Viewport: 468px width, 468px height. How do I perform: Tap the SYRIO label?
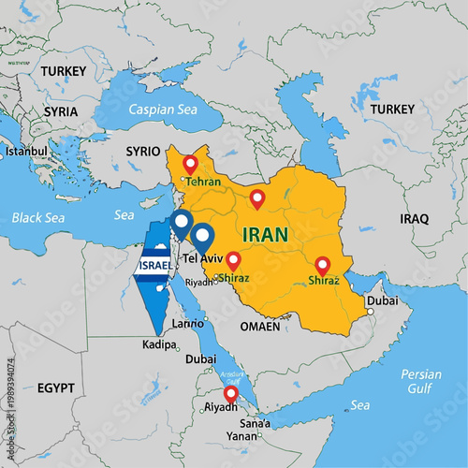coord(143,151)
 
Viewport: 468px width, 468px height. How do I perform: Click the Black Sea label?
coord(41,217)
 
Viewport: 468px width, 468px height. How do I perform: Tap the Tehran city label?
coord(204,181)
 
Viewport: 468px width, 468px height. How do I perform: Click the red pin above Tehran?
coord(191,164)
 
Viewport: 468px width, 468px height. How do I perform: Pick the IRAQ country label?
coord(414,218)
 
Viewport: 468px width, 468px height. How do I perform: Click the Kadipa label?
coord(158,345)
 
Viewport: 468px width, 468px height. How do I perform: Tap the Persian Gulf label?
coord(420,382)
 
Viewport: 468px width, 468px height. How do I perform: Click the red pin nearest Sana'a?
coord(230,395)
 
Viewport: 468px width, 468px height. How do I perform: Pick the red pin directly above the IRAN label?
coord(257,198)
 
